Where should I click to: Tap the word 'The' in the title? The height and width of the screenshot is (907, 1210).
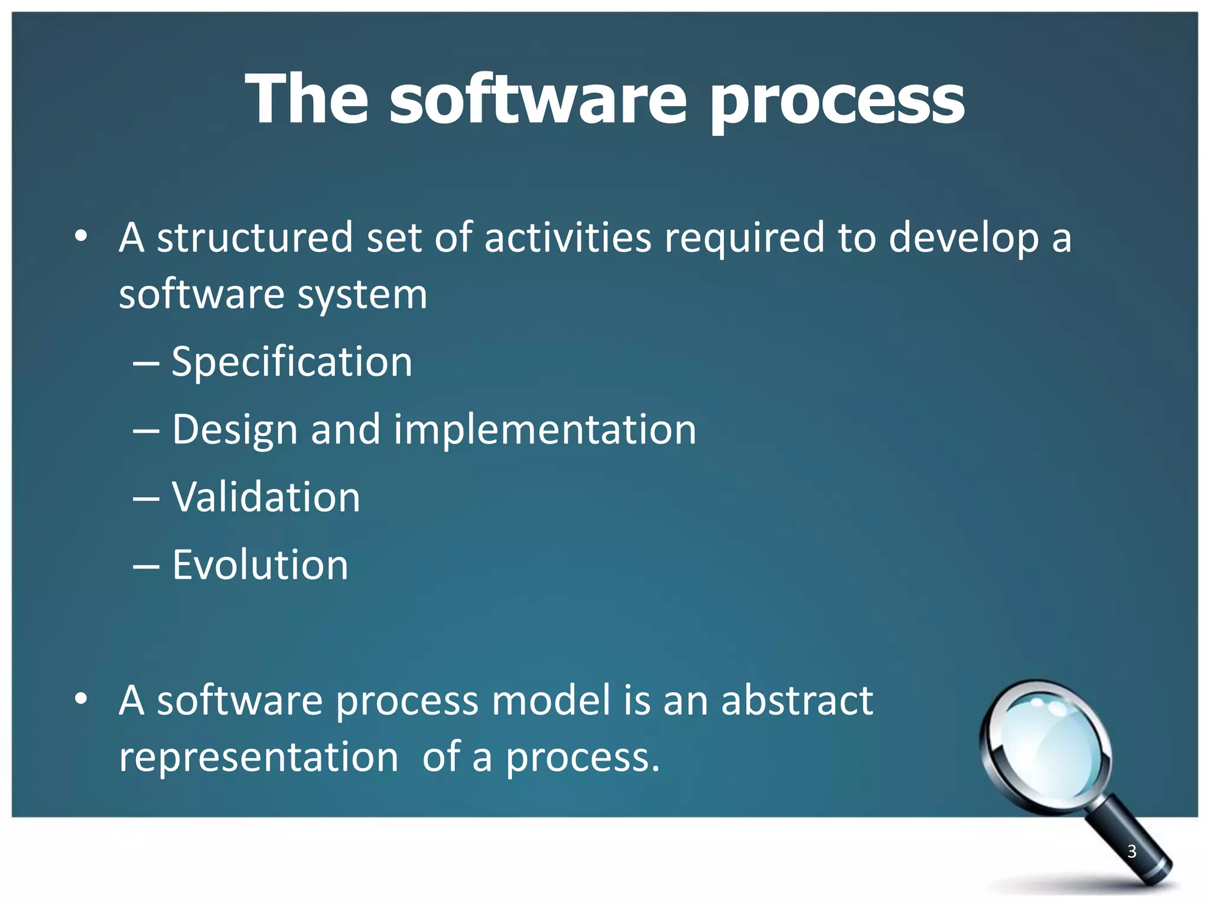[307, 99]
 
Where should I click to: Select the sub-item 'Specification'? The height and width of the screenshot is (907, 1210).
[292, 362]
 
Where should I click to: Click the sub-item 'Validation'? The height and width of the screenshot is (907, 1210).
[266, 497]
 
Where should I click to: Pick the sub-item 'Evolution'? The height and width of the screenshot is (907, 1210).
[260, 565]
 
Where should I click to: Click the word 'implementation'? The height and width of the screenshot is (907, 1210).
[545, 429]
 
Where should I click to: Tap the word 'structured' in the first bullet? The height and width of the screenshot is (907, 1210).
[255, 237]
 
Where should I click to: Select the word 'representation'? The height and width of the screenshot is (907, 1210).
[259, 758]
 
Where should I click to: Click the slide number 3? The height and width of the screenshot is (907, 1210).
[1131, 851]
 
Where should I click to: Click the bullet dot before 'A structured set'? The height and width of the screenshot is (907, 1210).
[81, 237]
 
